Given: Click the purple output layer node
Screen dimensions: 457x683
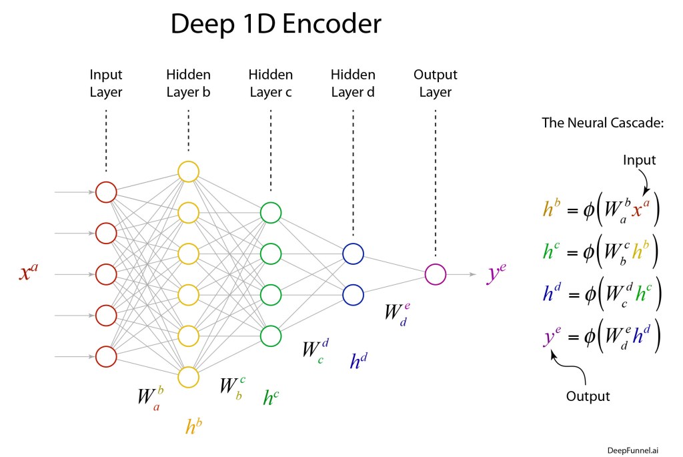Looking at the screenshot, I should pos(435,274).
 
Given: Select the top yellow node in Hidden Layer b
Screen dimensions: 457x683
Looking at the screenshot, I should pos(188,171).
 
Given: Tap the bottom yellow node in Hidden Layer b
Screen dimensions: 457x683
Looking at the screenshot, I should pos(188,377).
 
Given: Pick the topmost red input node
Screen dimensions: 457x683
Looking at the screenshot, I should pos(106,192).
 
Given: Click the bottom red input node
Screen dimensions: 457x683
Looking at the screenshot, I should pos(106,356).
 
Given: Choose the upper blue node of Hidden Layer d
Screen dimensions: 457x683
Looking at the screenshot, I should pos(353,254).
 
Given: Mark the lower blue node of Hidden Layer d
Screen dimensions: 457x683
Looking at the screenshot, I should pos(353,294).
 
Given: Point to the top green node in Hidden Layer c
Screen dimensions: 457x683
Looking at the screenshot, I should pos(270,213).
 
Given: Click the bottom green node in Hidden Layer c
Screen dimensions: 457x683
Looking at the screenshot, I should pos(270,336).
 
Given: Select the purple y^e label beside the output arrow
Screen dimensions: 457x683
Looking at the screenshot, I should pos(496,273).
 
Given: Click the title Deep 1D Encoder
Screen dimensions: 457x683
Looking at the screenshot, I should pos(275,25).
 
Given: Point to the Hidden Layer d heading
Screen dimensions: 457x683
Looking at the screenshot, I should pos(353,83).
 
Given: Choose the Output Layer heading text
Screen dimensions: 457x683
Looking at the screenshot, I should pos(436,83).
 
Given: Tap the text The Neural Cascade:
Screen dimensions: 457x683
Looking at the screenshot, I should pos(602,123).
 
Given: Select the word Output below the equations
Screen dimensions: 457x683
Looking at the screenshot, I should pos(588,396).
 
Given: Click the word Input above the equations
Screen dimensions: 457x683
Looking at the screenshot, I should pos(640,160).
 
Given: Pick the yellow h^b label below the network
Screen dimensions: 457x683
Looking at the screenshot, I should pos(193,426).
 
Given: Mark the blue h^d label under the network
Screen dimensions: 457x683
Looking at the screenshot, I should pos(359,361).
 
